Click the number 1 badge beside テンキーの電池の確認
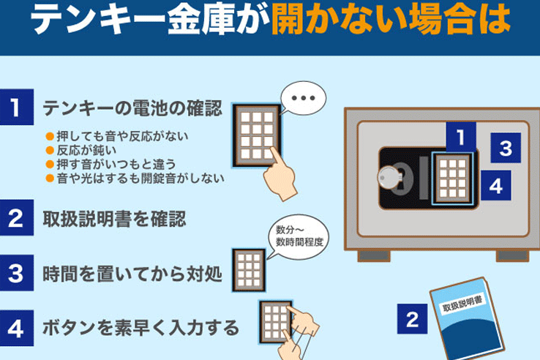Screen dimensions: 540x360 [17, 107]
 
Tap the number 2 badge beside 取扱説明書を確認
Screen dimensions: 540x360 [17, 218]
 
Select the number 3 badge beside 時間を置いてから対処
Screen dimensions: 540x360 [17, 273]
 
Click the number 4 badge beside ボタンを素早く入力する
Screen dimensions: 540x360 [17, 328]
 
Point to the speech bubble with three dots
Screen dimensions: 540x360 [303, 98]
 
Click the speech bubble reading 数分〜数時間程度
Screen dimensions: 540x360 [299, 237]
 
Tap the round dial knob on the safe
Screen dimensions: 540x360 [389, 177]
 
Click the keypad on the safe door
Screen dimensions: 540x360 [453, 178]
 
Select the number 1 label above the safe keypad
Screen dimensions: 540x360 [461, 137]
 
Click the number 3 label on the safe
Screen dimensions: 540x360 [506, 148]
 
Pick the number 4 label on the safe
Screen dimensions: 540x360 [496, 185]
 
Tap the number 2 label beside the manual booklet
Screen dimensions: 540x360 [412, 319]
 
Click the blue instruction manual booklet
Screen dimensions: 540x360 [467, 319]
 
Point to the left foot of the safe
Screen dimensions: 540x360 [374, 256]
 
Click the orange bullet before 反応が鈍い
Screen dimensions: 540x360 [50, 150]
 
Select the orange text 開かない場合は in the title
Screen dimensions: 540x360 [391, 20]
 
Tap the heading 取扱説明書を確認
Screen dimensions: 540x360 [114, 218]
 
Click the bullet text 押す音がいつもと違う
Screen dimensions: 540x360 [116, 165]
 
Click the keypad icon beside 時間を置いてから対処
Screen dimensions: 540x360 [249, 270]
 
